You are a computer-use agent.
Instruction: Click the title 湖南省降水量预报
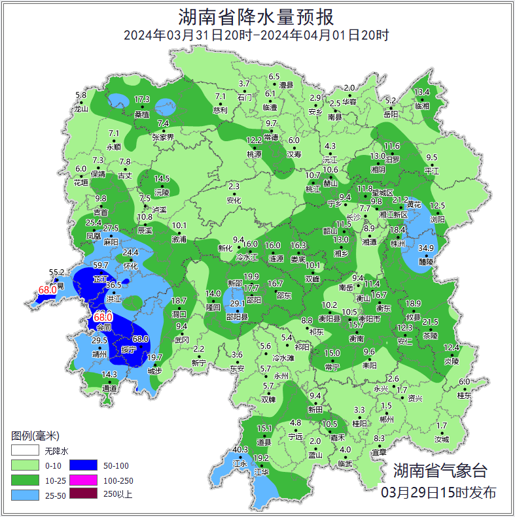pyautogui.click(x=257, y=16)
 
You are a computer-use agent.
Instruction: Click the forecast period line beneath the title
pyautogui.click(x=257, y=35)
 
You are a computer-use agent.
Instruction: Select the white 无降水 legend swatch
pyautogui.click(x=24, y=450)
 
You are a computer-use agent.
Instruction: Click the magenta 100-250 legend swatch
pyautogui.click(x=89, y=480)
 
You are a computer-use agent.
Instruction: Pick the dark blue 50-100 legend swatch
pyautogui.click(x=89, y=465)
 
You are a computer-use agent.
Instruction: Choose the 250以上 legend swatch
pyautogui.click(x=89, y=494)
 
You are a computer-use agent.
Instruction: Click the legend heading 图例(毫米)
pyautogui.click(x=35, y=436)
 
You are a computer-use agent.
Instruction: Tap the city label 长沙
pyautogui.click(x=353, y=216)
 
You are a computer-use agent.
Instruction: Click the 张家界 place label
pyautogui.click(x=163, y=137)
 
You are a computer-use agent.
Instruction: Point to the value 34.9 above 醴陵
pyautogui.click(x=426, y=248)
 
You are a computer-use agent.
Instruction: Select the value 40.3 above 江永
pyautogui.click(x=240, y=450)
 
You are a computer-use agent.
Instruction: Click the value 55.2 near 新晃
pyautogui.click(x=58, y=273)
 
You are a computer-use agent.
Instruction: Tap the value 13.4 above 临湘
pyautogui.click(x=422, y=92)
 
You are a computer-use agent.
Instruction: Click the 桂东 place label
pyautogui.click(x=464, y=395)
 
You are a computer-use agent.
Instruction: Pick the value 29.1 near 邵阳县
pyautogui.click(x=238, y=303)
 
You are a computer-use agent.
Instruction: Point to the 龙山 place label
pyautogui.click(x=81, y=109)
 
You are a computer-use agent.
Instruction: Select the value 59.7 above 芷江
pyautogui.click(x=101, y=265)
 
